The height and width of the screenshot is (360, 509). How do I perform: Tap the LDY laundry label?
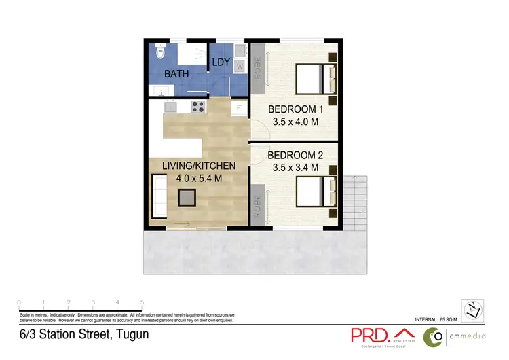[221, 62]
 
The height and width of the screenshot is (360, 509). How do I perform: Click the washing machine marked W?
[240, 67]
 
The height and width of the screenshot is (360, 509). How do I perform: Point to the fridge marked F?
[239, 108]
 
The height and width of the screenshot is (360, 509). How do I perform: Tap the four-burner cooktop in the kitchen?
[198, 106]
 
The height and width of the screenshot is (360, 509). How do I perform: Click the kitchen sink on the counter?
[170, 107]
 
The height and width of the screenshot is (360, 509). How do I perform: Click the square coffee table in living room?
[187, 198]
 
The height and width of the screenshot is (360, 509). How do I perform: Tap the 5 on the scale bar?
[142, 302]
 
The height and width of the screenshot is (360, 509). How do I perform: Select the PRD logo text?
[370, 336]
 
